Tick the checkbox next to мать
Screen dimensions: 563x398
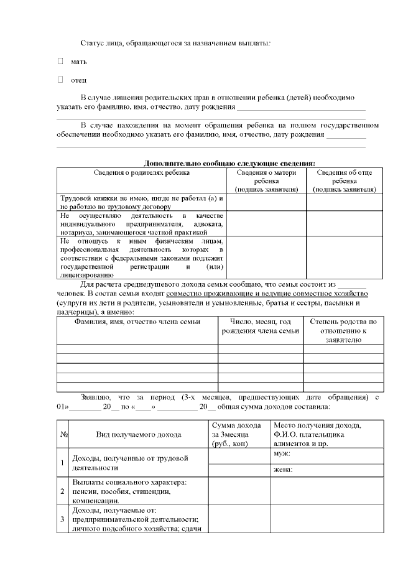coord(60,62)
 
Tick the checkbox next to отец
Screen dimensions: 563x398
coord(60,80)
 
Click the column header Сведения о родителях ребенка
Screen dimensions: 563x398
coord(142,172)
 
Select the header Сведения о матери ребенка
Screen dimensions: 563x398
coord(266,180)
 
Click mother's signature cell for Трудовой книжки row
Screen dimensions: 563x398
coord(266,202)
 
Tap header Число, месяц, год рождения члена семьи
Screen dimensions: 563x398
coord(261,327)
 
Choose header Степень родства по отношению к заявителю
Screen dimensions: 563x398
coord(344,331)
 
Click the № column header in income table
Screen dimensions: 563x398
coord(64,434)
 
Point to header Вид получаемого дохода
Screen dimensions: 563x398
coord(139,434)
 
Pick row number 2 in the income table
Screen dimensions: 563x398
coord(63,491)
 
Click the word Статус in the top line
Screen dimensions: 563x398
coord(93,42)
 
